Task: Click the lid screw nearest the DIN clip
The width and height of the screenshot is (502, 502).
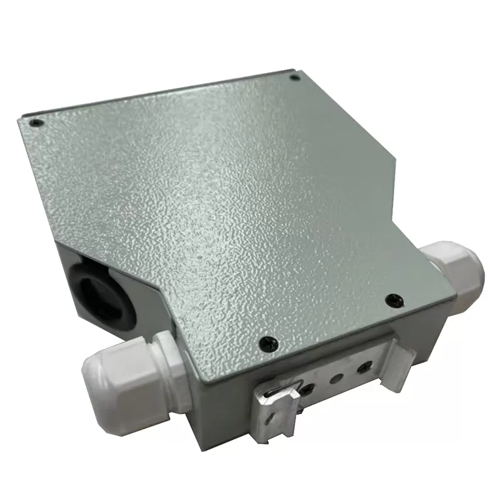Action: coord(269,342)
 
